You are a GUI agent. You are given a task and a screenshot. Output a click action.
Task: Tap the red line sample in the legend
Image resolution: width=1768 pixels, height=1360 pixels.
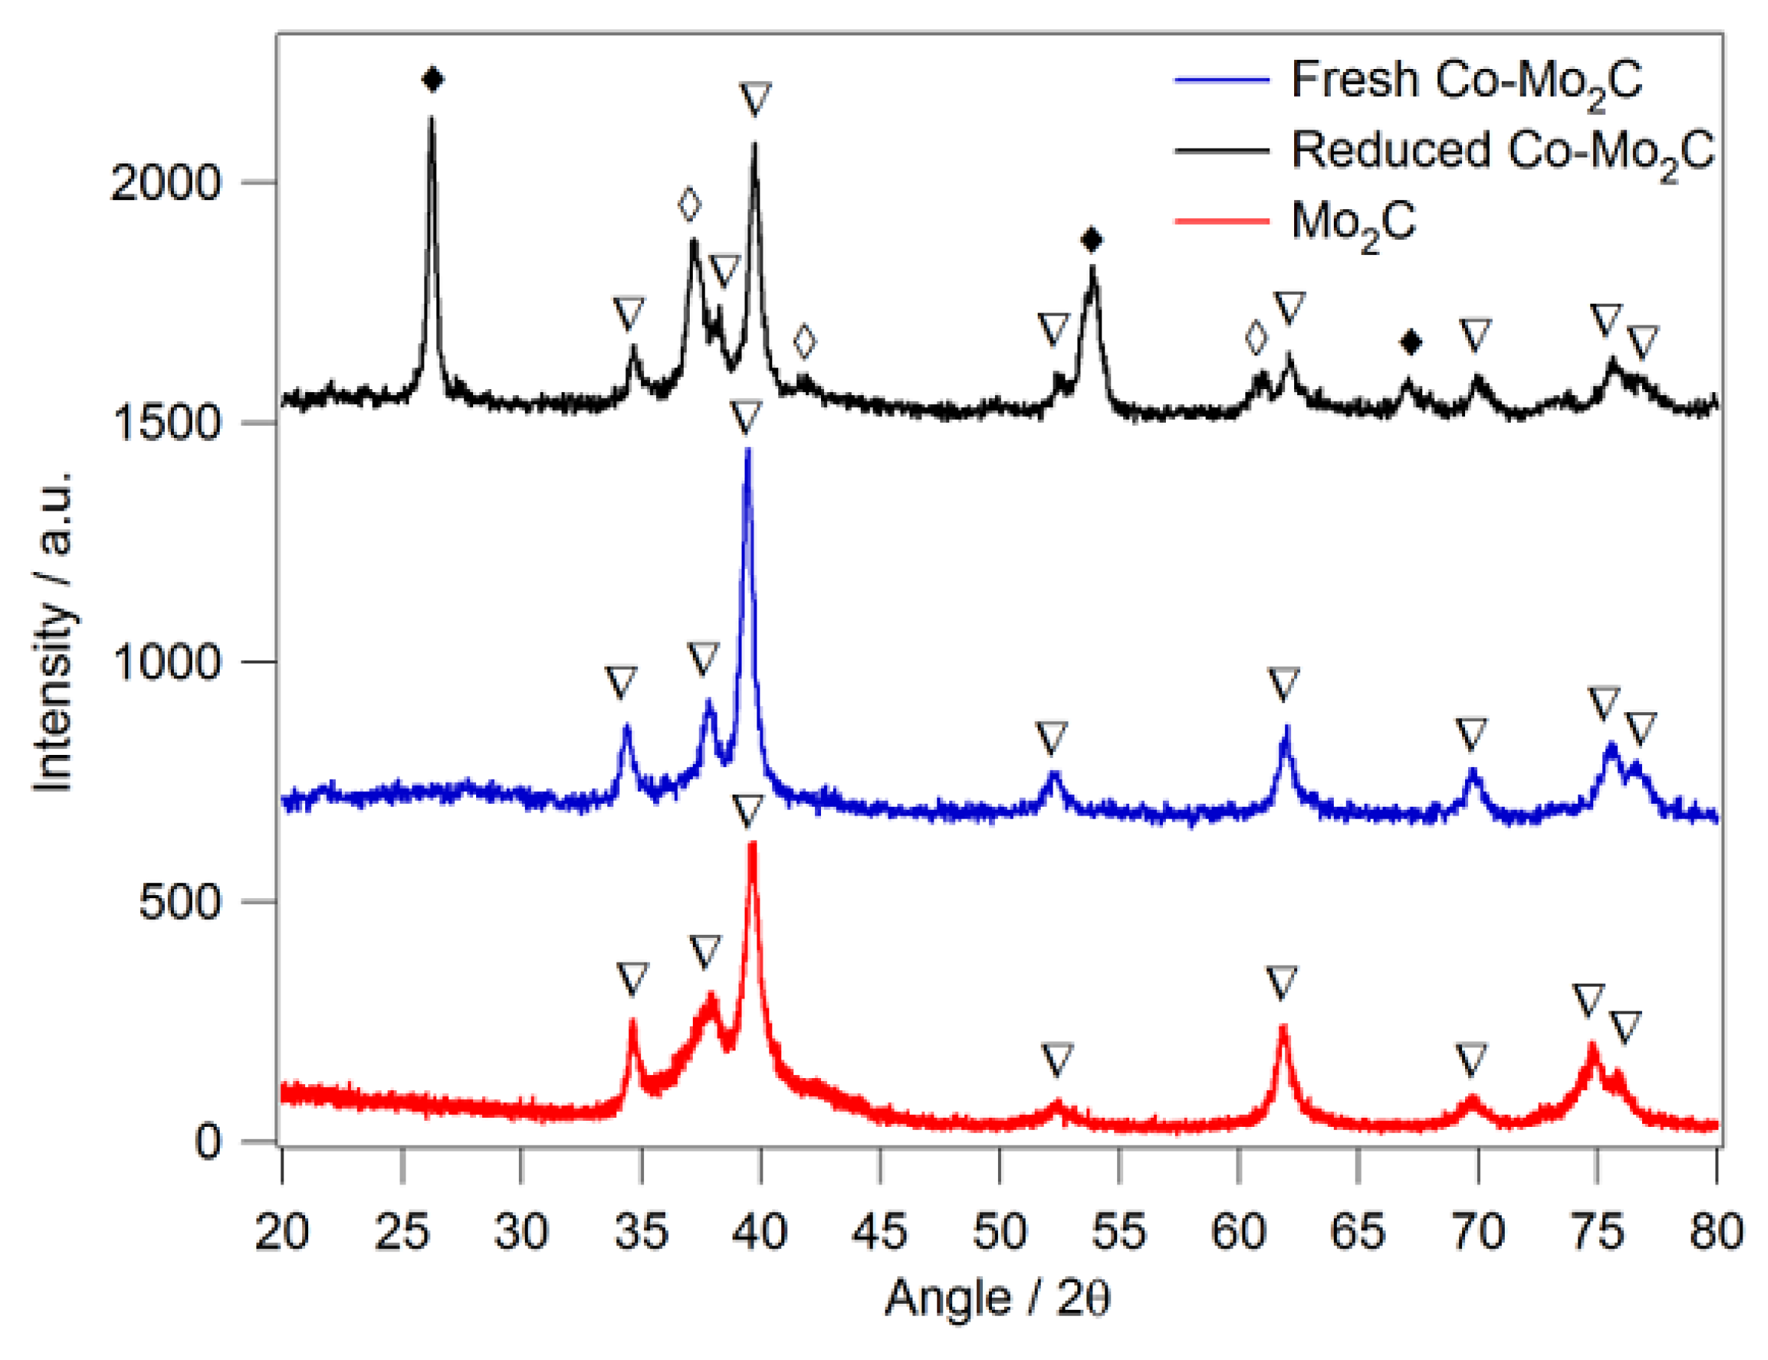click(1221, 221)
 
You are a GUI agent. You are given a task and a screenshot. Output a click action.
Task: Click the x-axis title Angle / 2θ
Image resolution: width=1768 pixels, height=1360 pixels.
click(997, 1299)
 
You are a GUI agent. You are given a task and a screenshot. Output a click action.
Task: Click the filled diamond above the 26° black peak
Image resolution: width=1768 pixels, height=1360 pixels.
click(433, 79)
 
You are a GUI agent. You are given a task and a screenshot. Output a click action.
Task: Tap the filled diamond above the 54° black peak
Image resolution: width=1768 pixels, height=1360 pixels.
click(1092, 240)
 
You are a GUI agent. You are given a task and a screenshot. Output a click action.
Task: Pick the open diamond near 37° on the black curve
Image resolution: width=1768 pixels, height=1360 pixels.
click(689, 205)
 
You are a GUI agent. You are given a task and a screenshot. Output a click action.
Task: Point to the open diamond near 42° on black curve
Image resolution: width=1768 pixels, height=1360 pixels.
click(804, 342)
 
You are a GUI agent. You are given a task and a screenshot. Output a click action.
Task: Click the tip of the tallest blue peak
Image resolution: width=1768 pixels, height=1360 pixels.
click(748, 450)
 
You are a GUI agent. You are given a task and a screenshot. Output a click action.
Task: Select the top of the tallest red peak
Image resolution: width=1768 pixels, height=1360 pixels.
click(752, 844)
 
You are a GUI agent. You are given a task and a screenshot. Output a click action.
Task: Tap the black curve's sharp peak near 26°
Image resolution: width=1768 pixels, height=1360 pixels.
click(431, 119)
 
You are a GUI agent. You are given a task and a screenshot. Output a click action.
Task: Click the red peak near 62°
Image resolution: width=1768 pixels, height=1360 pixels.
click(1282, 1028)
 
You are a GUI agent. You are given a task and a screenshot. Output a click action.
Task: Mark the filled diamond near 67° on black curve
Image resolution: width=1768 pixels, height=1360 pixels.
click(1411, 343)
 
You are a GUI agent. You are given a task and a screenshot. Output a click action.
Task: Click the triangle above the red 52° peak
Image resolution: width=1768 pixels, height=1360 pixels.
click(1056, 1059)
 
